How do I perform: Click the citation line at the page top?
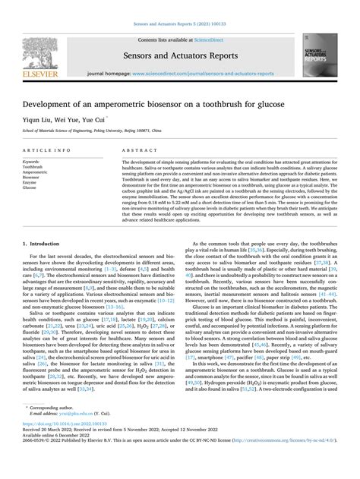[179, 5]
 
